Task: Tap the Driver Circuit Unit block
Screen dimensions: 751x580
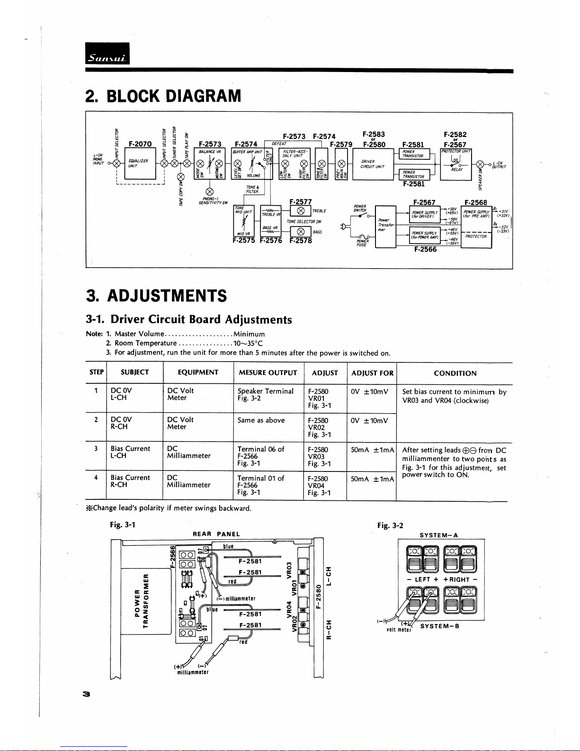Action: tap(373, 164)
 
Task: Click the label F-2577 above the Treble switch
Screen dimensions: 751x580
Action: tap(300, 202)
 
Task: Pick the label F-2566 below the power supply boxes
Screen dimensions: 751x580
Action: tap(425, 249)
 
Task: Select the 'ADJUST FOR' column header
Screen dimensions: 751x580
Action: tap(372, 373)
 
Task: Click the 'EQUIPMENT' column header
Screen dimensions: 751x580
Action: tap(198, 372)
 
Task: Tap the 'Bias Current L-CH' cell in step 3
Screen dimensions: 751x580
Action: tap(130, 452)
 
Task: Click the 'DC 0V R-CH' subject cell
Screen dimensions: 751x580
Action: tap(121, 423)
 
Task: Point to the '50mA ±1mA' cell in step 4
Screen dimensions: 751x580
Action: tap(372, 479)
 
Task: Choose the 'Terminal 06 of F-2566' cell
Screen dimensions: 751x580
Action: tap(260, 456)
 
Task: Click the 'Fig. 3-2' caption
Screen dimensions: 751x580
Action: tap(390, 525)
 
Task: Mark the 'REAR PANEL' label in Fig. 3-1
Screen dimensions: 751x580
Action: tap(216, 534)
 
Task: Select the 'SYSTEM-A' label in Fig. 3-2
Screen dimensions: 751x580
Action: tap(439, 535)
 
